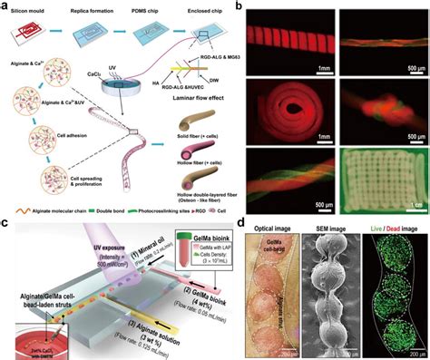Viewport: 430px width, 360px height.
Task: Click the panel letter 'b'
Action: [x=239, y=6]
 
